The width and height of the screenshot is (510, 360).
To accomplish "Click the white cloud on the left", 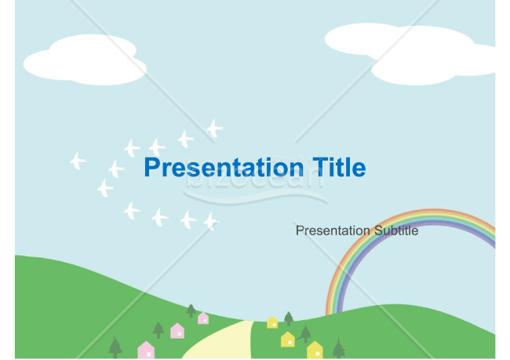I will [85, 60].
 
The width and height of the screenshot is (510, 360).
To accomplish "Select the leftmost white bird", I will [77, 161].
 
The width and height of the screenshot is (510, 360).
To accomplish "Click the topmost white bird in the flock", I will [213, 128].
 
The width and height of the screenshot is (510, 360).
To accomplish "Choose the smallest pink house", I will [203, 318].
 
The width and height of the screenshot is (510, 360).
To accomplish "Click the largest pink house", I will [146, 350].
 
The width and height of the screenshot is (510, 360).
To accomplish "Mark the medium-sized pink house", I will [177, 330].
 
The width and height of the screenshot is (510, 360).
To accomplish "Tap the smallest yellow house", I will [272, 322].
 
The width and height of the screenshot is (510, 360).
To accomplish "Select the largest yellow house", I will [315, 350].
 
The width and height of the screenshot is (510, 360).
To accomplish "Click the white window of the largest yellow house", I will [315, 353].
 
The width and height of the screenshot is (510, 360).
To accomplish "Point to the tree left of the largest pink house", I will [115, 346].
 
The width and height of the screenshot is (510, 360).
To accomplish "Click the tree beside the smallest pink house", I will [191, 310].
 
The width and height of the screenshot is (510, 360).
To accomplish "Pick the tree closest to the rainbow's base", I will [338, 347].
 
